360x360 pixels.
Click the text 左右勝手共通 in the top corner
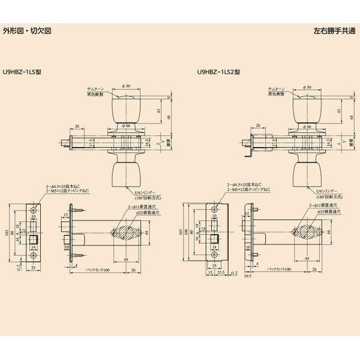tap(334, 31)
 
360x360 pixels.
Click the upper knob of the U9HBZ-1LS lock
tap(126, 109)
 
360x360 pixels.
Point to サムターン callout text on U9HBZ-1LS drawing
tap(96, 89)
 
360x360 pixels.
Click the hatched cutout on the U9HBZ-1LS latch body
tap(127, 232)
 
